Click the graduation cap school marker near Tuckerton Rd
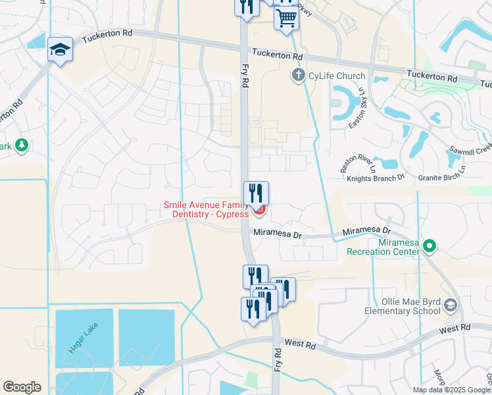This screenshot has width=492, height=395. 60,51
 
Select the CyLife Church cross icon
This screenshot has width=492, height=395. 299,76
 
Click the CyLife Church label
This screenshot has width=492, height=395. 337,76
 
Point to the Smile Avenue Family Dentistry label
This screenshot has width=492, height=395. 206,210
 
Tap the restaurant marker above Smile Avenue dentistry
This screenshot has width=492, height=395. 256,193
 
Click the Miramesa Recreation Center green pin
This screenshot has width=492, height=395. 430,247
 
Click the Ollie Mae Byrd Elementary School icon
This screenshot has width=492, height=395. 451,304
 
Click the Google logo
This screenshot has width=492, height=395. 22,387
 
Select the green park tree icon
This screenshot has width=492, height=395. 21,145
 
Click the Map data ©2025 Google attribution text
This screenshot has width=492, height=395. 452,390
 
